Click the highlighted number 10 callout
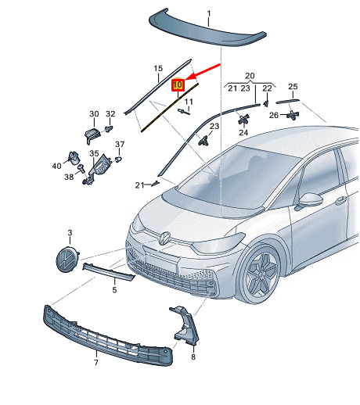click(x=178, y=84)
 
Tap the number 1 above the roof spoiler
click(x=209, y=13)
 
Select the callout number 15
click(x=158, y=69)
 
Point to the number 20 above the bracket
click(x=250, y=76)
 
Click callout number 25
click(x=293, y=86)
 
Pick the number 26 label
click(x=274, y=115)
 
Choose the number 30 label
click(x=94, y=114)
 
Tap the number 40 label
click(x=57, y=166)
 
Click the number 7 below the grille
click(x=96, y=362)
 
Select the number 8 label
click(x=193, y=357)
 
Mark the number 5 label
click(x=114, y=290)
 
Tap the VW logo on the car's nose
click(x=164, y=238)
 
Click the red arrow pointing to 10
click(x=203, y=71)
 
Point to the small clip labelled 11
click(x=184, y=112)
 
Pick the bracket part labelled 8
click(x=185, y=326)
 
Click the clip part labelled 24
click(x=243, y=119)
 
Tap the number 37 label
click(x=120, y=144)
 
